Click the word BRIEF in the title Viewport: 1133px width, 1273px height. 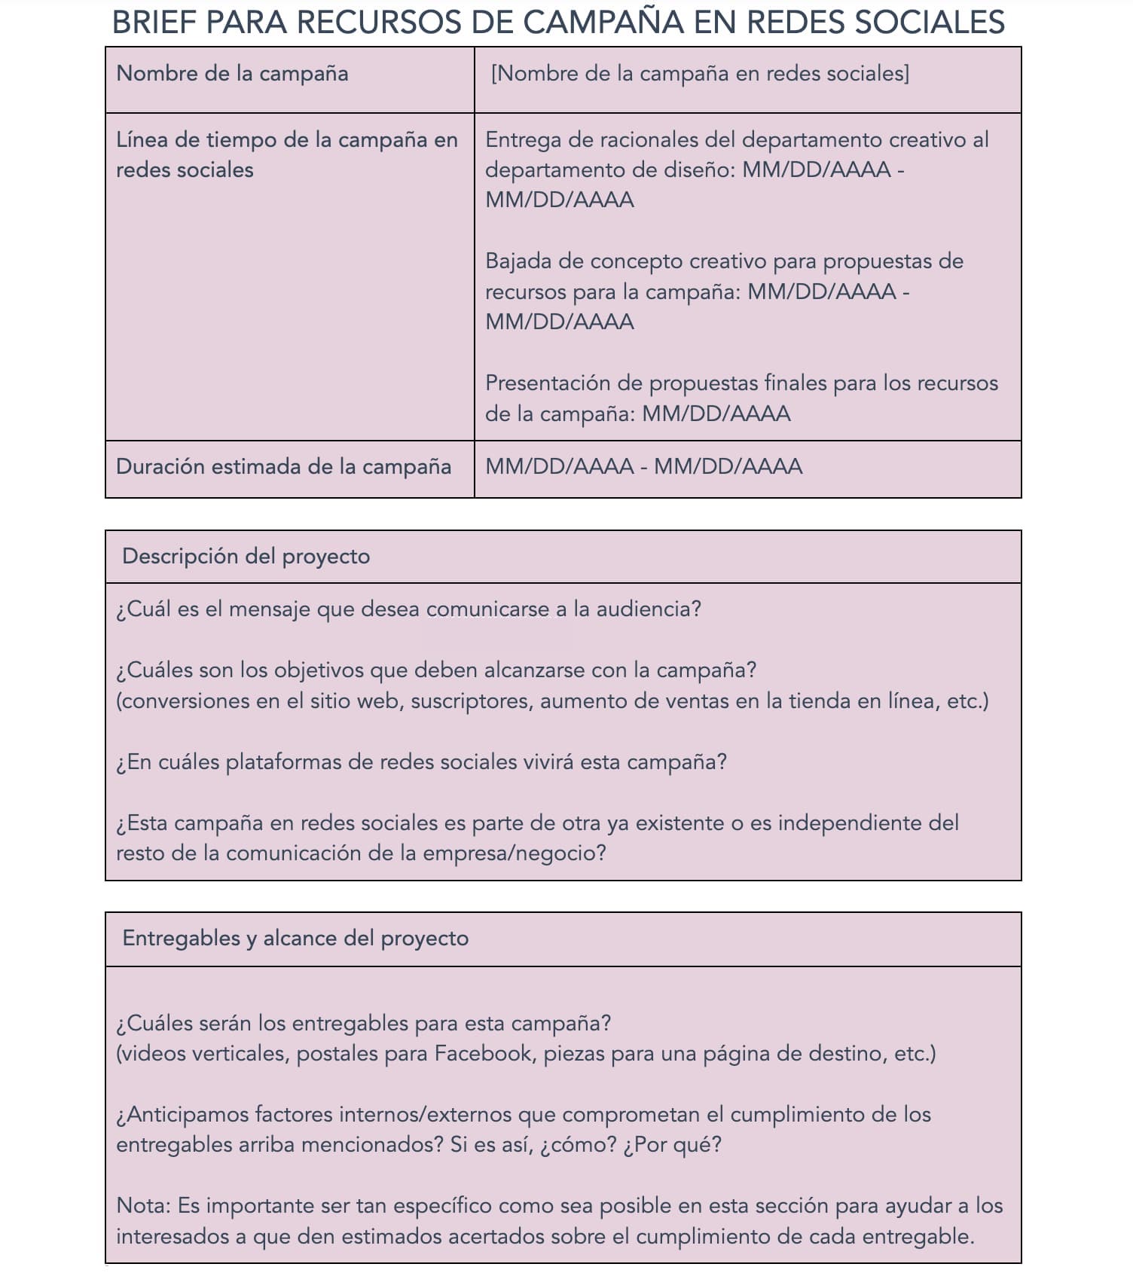tap(154, 22)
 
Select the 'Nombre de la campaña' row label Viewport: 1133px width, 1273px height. tap(232, 74)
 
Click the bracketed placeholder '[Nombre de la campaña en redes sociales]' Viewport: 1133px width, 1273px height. tap(700, 74)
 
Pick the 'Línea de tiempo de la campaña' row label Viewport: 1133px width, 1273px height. tap(286, 140)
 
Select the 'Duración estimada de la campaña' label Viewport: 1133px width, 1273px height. tap(283, 467)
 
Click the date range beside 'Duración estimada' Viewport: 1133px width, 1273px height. tap(644, 467)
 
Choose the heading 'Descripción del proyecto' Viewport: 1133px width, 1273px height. tap(246, 557)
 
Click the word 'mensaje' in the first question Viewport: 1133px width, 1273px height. tap(270, 609)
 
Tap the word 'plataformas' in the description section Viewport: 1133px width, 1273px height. tap(283, 762)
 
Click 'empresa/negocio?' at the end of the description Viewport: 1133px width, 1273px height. tap(515, 853)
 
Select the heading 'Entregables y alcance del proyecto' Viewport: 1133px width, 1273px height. tap(295, 939)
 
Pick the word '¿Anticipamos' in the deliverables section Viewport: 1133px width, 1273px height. tap(183, 1114)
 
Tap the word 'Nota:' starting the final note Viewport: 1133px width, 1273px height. tap(144, 1205)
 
